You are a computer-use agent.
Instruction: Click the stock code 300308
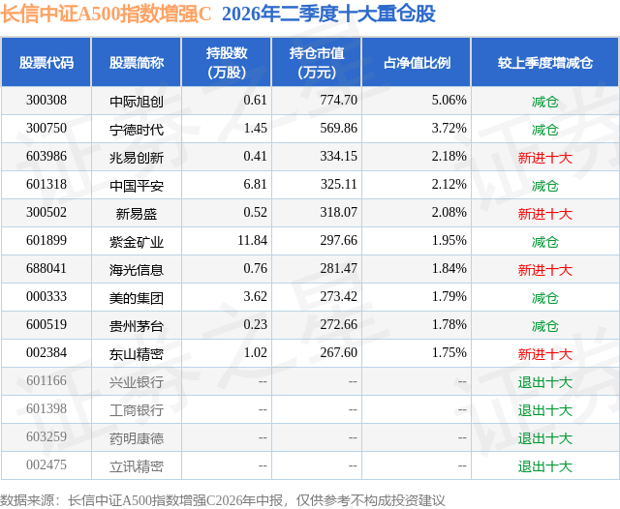46,100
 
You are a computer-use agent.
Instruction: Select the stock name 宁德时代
137,130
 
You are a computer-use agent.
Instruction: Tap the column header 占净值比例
417,63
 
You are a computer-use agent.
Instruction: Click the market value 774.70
338,100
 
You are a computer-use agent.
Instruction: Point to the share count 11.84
252,240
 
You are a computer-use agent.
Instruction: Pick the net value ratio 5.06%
449,100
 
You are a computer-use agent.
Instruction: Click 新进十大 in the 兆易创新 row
545,158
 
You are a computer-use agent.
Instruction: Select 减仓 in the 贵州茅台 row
545,326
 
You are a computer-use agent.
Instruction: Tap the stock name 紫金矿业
137,242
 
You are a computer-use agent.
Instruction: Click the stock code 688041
46,268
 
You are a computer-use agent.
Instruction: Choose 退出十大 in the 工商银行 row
545,410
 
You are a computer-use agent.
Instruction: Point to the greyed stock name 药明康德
137,438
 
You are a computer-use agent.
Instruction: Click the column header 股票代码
46,63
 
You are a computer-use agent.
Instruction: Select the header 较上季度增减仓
545,63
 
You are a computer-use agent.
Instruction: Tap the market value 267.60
338,352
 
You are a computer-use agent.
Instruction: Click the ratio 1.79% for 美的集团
449,296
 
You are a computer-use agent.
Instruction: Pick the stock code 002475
46,464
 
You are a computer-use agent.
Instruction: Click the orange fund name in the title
106,14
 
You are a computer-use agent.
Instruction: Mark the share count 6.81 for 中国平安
255,184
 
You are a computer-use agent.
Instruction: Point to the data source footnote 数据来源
27,500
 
